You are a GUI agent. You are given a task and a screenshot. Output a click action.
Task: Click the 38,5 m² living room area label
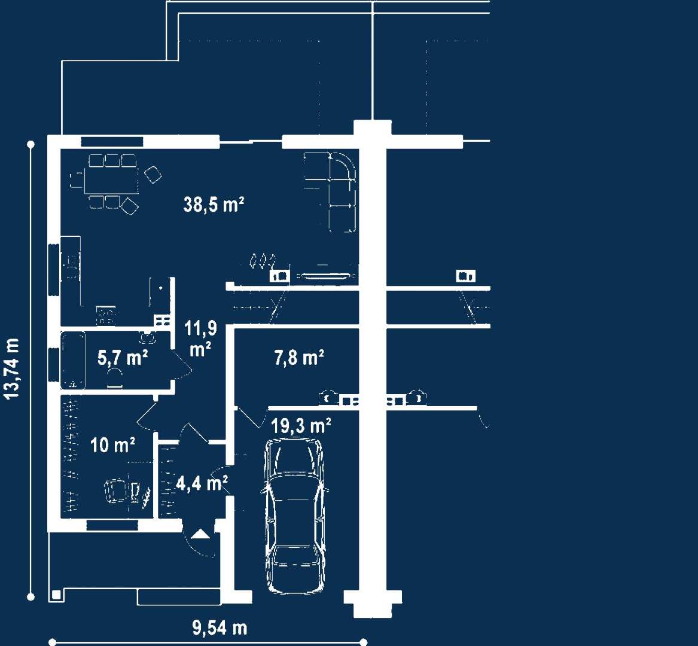point(214,205)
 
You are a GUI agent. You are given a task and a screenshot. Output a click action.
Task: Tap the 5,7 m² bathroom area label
point(123,358)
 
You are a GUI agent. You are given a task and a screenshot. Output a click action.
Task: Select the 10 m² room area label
point(112,445)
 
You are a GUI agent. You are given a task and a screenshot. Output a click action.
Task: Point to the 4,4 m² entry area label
point(202,483)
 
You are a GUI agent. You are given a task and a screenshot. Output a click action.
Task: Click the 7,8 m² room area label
point(298,358)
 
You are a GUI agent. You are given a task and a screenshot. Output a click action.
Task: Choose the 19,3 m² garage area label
point(301,426)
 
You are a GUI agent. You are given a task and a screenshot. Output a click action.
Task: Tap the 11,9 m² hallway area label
point(201,339)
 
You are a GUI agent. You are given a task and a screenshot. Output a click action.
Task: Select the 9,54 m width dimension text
point(220,627)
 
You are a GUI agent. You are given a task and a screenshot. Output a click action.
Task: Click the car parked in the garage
point(295,516)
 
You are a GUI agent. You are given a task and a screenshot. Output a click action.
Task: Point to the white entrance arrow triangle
point(200,534)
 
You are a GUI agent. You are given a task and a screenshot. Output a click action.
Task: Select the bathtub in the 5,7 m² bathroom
point(74,361)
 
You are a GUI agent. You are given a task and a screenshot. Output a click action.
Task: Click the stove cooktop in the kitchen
point(106,316)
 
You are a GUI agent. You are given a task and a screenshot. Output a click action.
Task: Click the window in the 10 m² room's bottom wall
point(112,525)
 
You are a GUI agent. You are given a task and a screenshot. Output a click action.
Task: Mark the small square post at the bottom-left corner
point(56,595)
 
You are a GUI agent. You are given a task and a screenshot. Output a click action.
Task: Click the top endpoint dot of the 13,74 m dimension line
point(31,144)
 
